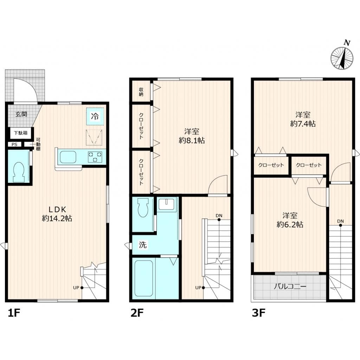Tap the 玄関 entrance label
pos(21,114)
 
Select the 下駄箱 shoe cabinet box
pos(21,133)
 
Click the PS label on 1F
pos(14,144)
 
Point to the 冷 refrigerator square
pos(95,116)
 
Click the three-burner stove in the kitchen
pos(95,157)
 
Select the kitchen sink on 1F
pos(68,157)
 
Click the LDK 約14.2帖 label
pos(57,214)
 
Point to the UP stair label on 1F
pos(76,288)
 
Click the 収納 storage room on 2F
pos(141,91)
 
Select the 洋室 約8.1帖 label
pos(192,136)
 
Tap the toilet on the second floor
pos(143,208)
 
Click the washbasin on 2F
pos(167,204)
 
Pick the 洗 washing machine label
pos(143,245)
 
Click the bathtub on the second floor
pos(144,278)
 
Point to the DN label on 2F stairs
pos(219,216)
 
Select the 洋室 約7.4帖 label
pos(303,119)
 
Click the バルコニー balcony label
pos(290,287)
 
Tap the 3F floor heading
pos(259,313)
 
